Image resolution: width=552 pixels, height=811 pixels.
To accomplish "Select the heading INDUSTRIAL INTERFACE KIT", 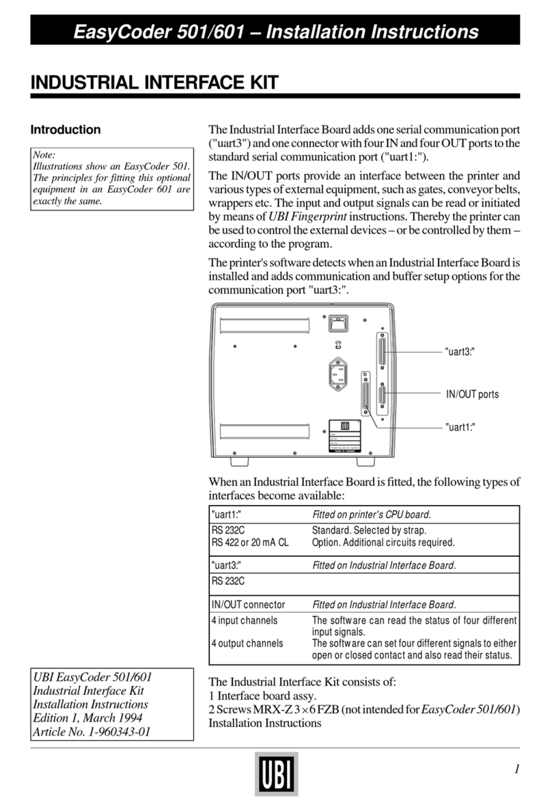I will tap(154, 83).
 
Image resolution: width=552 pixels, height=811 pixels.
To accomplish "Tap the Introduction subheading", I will tap(66, 130).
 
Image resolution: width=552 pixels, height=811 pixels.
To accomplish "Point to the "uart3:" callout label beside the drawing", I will tap(460, 351).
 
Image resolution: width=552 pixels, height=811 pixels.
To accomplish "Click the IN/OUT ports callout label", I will tap(472, 394).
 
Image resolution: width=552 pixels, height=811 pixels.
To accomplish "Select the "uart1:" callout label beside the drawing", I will tap(460, 426).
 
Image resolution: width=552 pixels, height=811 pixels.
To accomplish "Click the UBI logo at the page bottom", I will tap(276, 773).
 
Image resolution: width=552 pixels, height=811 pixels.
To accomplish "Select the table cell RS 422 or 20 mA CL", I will tap(249, 542).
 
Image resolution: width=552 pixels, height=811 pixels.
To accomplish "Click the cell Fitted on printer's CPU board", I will tap(371, 514).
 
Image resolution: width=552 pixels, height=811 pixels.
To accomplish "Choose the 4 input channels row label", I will tap(244, 620).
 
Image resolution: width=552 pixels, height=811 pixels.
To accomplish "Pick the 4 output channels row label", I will tap(247, 643).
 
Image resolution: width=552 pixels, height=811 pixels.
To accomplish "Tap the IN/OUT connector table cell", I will tap(248, 605).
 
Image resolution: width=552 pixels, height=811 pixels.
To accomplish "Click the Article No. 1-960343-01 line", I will tap(91, 732).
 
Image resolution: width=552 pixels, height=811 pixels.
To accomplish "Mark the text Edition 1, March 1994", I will tap(88, 718).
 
